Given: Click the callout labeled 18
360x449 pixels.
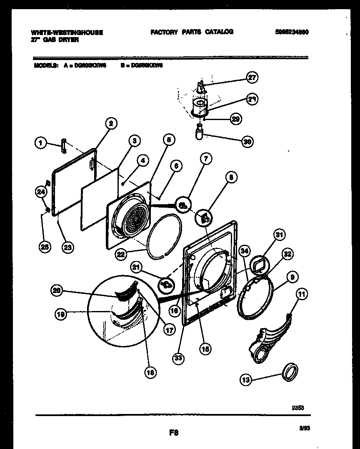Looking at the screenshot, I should tap(150, 373).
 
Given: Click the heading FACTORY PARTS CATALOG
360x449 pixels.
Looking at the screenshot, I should tap(192, 32).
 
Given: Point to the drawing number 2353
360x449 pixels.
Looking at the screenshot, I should tap(297, 408).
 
